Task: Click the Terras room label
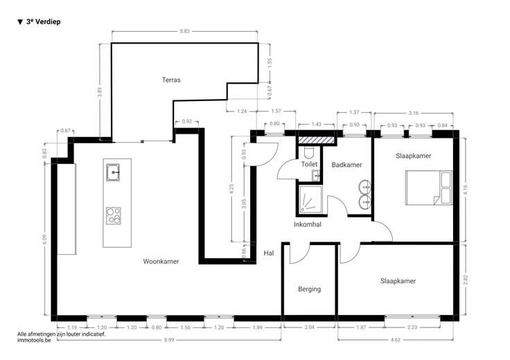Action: click(x=171, y=80)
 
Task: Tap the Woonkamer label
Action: click(x=161, y=261)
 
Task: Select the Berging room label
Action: click(x=309, y=289)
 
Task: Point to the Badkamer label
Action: click(x=346, y=165)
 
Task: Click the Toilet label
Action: click(x=309, y=164)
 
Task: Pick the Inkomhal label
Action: click(x=308, y=224)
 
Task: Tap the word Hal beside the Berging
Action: click(x=269, y=253)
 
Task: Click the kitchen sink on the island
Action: click(x=113, y=172)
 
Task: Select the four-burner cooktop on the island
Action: click(x=113, y=216)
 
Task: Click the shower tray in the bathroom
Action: click(x=310, y=199)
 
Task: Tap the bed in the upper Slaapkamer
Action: click(x=429, y=188)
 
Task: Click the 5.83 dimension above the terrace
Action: click(x=184, y=31)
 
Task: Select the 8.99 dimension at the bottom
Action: click(x=169, y=340)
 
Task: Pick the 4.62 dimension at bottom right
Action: click(x=396, y=340)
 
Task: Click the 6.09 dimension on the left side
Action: click(x=44, y=240)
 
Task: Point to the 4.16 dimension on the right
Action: click(x=465, y=190)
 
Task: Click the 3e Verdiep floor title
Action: click(x=39, y=21)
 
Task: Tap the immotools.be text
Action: click(x=34, y=341)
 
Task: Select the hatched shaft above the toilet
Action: click(x=317, y=140)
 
